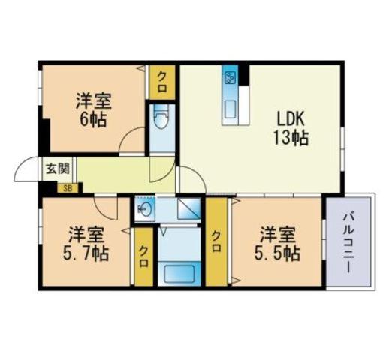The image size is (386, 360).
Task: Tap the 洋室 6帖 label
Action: pos(94,110)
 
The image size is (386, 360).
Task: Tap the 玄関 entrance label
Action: pos(57,169)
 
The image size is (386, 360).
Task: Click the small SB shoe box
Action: pos(68,188)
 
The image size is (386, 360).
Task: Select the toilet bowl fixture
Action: pos(161,117)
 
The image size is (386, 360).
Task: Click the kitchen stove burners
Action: pos(230,77)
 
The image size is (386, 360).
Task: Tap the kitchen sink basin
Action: pos(230,109)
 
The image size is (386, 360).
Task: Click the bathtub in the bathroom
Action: pos(179,274)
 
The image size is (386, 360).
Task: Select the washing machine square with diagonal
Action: pos(189,208)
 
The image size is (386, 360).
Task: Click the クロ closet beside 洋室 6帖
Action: pos(162,82)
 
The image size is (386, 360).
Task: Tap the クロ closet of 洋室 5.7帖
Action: pos(144,256)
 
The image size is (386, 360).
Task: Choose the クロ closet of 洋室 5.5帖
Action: pos(216,241)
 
